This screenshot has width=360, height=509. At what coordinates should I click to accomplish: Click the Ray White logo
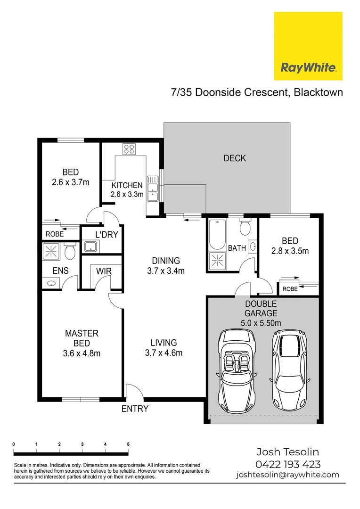pos(308,46)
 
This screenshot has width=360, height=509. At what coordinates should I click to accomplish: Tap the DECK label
pos(235,158)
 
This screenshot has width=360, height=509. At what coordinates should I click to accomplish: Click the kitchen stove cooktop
pos(129,149)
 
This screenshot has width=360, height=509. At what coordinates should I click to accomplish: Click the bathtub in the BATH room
pos(217,235)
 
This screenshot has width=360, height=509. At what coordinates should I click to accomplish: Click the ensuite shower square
pos(50,251)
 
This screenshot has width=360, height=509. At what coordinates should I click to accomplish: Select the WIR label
pos(103,271)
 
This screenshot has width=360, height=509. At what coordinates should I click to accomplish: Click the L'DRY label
pos(106,235)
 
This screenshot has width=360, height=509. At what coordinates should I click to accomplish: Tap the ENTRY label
pos(135,409)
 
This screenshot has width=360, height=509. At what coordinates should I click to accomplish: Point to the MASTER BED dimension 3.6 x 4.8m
pos(82,353)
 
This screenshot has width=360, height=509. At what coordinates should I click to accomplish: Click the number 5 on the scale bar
pos(128,444)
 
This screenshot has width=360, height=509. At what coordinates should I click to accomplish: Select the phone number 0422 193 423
pos(287,464)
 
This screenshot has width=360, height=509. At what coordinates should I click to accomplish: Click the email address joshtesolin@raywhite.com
pos(287,475)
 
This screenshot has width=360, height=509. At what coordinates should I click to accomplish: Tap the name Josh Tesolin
pos(287,452)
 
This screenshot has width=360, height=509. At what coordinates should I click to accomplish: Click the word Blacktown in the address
pos(318,92)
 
